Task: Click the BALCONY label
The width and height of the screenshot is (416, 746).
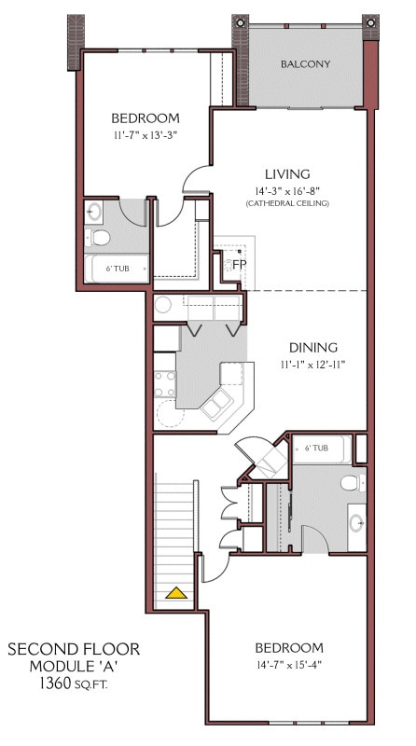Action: click(307, 64)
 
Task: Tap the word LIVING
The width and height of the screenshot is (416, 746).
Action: click(286, 174)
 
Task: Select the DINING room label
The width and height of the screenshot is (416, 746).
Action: click(313, 347)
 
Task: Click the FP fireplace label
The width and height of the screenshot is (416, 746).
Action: click(239, 264)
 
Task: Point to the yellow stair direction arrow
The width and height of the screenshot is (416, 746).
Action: click(175, 591)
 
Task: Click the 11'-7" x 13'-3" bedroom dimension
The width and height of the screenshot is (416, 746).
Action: click(145, 134)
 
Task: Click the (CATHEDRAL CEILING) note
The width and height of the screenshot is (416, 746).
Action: click(286, 203)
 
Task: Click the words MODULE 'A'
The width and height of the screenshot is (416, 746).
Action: click(73, 666)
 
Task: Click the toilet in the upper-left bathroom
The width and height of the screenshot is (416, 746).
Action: click(98, 239)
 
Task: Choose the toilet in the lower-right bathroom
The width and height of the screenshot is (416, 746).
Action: click(349, 483)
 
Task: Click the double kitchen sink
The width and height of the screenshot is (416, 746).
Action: click(216, 405)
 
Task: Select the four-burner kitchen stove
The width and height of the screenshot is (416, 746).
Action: click(165, 383)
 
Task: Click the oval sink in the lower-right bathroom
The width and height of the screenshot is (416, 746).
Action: click(357, 522)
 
